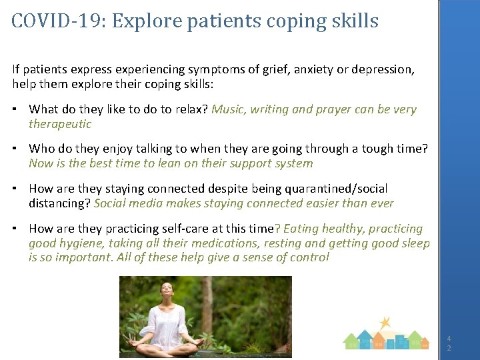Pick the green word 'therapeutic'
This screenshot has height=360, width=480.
[60, 124]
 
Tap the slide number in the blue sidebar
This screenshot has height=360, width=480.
[449, 343]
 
